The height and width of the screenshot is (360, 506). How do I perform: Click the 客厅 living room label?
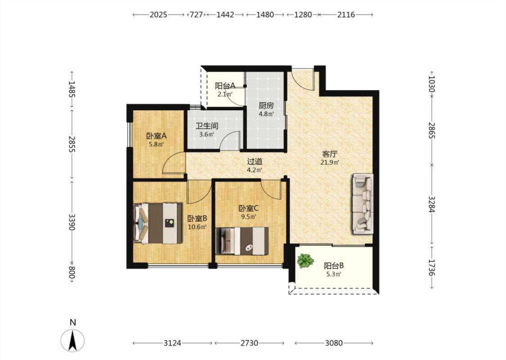point(330,154)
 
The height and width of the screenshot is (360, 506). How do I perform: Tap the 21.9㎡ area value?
point(330,162)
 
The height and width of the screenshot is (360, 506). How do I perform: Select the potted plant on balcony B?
point(305,261)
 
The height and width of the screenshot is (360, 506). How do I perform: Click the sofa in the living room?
point(363,204)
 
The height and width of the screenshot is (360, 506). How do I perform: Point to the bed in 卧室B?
point(158,223)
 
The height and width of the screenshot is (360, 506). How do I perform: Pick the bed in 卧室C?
point(242,241)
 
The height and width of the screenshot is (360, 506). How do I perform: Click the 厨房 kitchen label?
point(266,106)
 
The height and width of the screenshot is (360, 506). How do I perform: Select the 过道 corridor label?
point(255,161)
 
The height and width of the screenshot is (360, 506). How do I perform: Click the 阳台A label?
point(225,86)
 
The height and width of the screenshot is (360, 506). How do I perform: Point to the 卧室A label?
point(156,136)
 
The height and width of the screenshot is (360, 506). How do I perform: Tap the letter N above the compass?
point(73,322)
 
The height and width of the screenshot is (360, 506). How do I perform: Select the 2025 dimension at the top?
point(158,14)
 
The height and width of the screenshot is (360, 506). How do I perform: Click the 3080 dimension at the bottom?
point(334,343)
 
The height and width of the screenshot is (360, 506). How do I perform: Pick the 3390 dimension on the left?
point(72,222)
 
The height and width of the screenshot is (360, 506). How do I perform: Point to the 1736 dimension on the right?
point(432,267)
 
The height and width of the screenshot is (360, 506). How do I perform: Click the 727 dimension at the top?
point(196,14)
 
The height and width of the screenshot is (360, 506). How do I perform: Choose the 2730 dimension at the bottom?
point(250,343)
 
